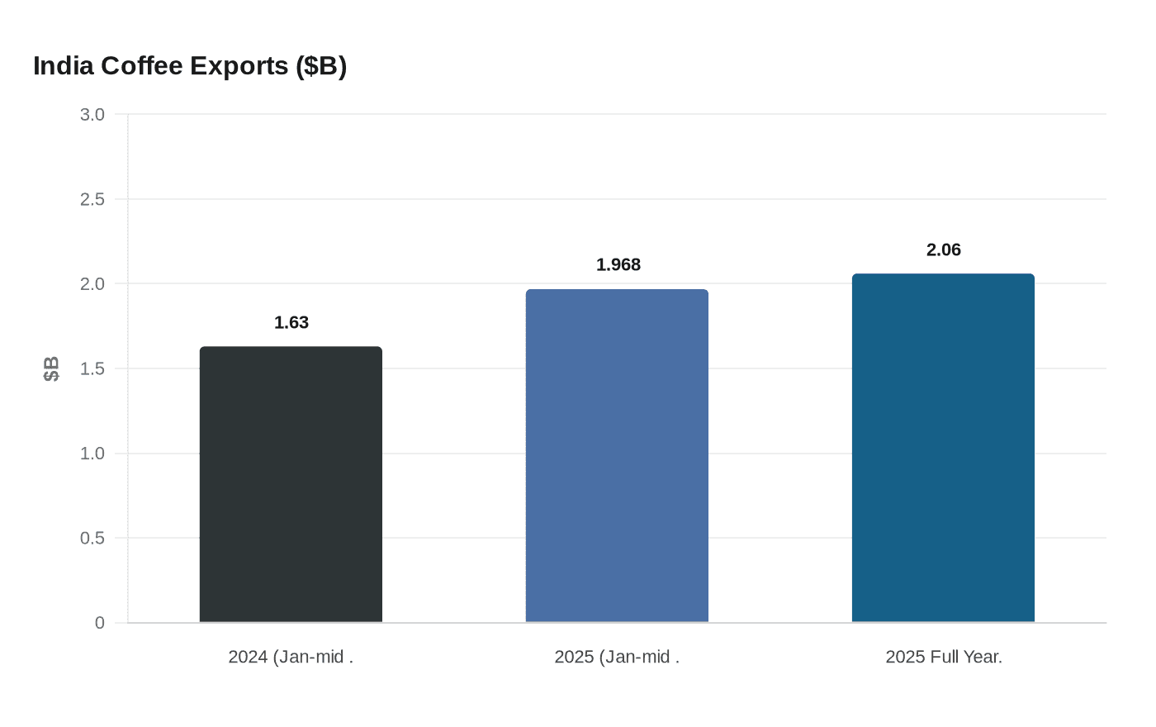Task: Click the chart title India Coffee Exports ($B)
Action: point(190,66)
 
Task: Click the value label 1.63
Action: point(291,323)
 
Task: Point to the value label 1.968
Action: point(618,265)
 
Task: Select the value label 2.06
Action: point(944,250)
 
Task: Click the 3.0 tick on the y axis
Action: point(92,115)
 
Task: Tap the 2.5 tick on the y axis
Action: point(92,199)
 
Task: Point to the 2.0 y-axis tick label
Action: point(92,284)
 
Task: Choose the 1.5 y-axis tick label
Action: point(92,368)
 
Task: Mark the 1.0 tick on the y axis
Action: point(92,454)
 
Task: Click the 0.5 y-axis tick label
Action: point(92,538)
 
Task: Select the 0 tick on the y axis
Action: point(100,623)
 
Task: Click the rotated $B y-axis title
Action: point(51,368)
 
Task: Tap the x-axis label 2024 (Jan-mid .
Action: point(291,658)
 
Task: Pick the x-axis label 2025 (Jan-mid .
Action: point(617,658)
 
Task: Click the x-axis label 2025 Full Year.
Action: point(944,658)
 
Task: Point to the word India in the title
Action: point(64,66)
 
